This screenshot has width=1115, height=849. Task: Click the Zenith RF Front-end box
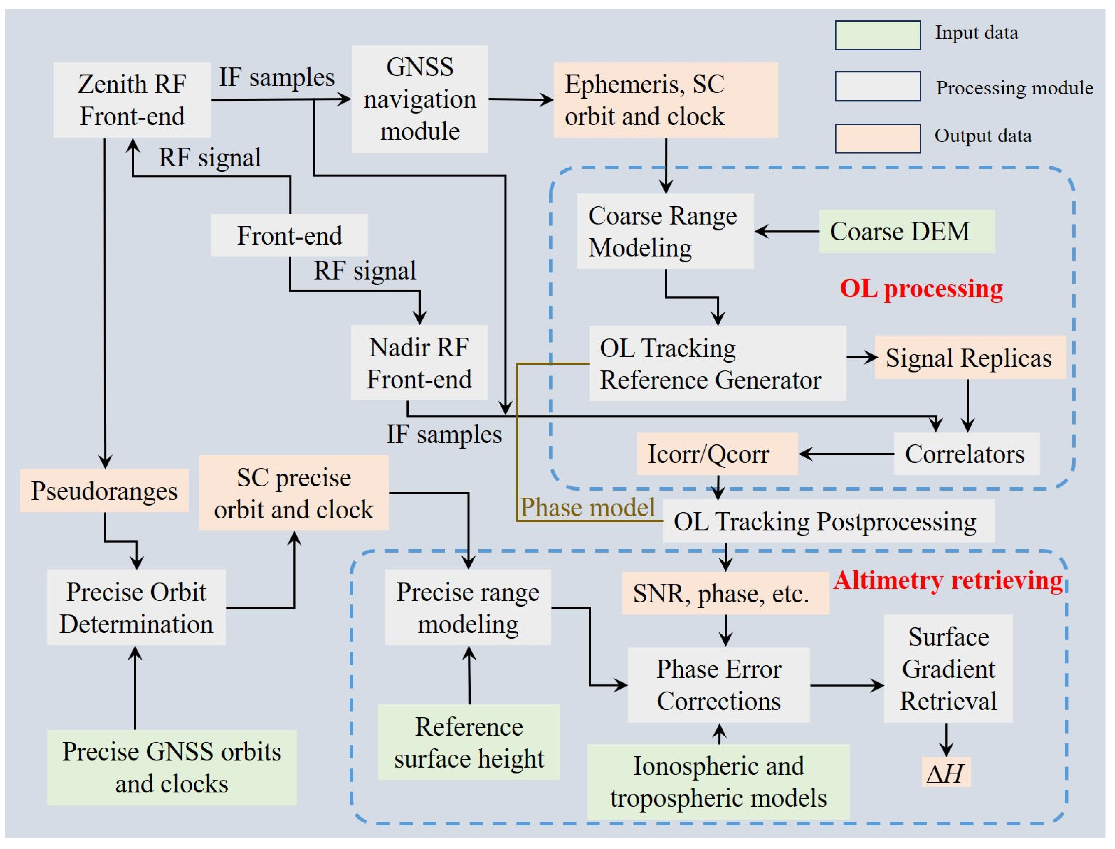click(x=132, y=100)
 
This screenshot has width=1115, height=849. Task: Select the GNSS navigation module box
click(x=420, y=99)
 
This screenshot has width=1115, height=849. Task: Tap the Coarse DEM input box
click(x=906, y=231)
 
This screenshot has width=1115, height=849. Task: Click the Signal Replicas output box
click(x=970, y=358)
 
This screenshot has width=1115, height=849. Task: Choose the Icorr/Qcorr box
click(x=716, y=454)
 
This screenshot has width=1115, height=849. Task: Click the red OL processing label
click(x=921, y=289)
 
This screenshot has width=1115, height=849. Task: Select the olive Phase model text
click(x=587, y=507)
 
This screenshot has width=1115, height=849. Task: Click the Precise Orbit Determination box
click(x=136, y=607)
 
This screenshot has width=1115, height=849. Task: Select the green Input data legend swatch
click(x=877, y=35)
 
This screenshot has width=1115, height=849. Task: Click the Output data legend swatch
click(x=877, y=138)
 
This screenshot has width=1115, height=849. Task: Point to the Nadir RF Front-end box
click(x=419, y=363)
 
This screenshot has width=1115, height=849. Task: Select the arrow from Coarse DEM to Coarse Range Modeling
click(x=786, y=231)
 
